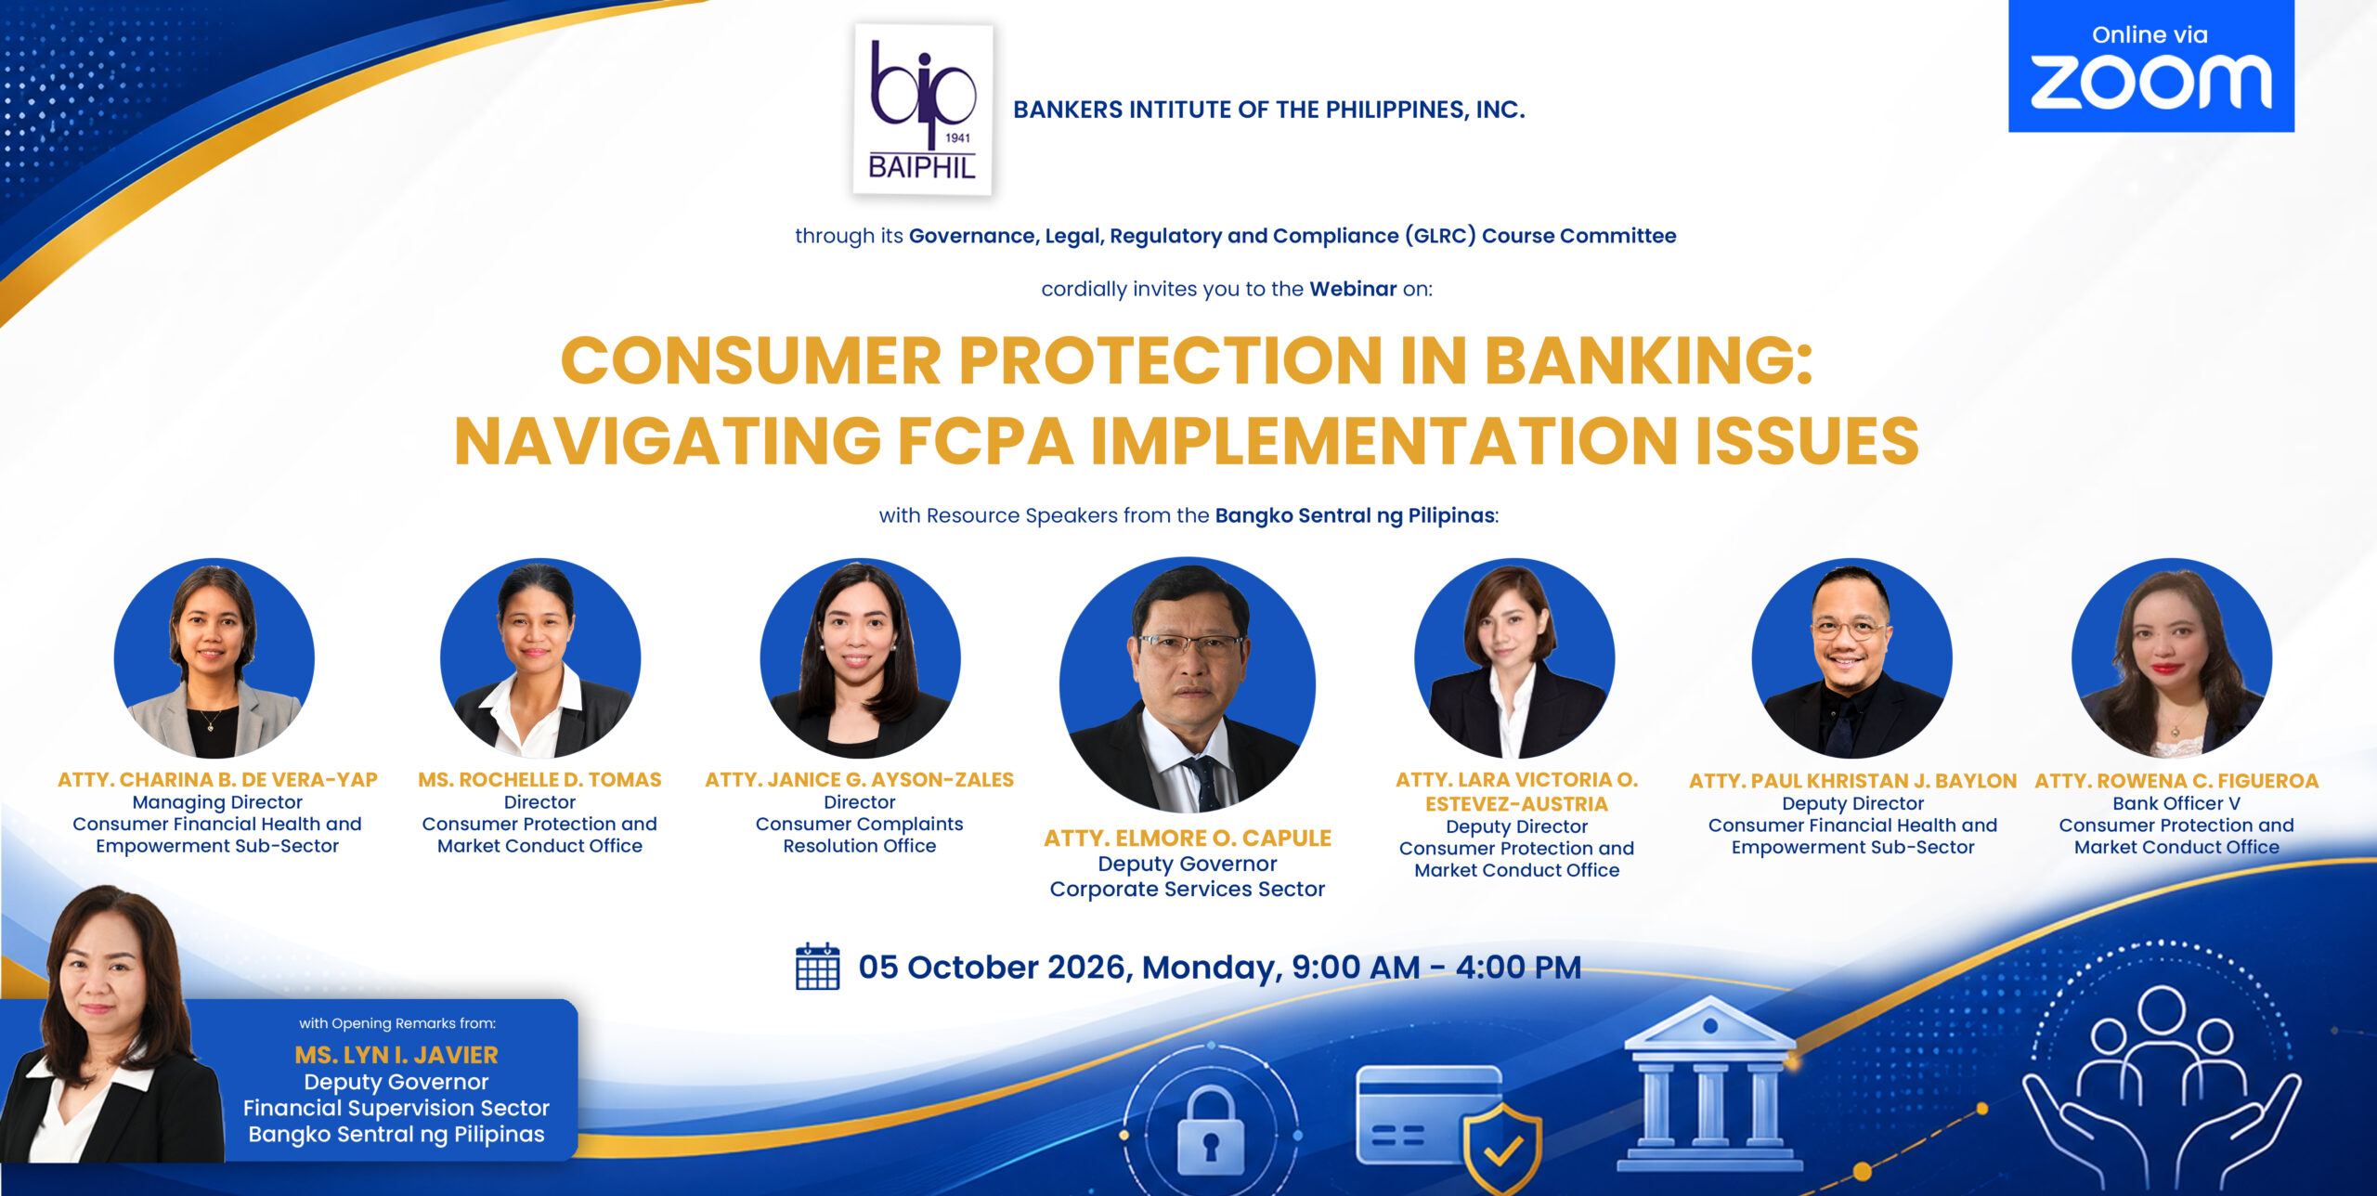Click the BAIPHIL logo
point(923,110)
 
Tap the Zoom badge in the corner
point(2151,66)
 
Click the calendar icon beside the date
point(817,967)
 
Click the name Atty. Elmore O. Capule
point(1188,838)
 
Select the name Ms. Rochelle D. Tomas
point(539,779)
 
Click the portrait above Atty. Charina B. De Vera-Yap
point(214,657)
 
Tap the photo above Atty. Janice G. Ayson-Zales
point(860,657)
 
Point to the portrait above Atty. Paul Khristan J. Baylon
point(1852,657)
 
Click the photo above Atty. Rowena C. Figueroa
point(2172,657)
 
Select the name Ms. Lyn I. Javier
point(396,1055)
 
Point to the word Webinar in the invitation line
point(1353,289)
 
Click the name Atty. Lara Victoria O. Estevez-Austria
point(1517,791)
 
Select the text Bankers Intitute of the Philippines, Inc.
point(1269,110)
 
